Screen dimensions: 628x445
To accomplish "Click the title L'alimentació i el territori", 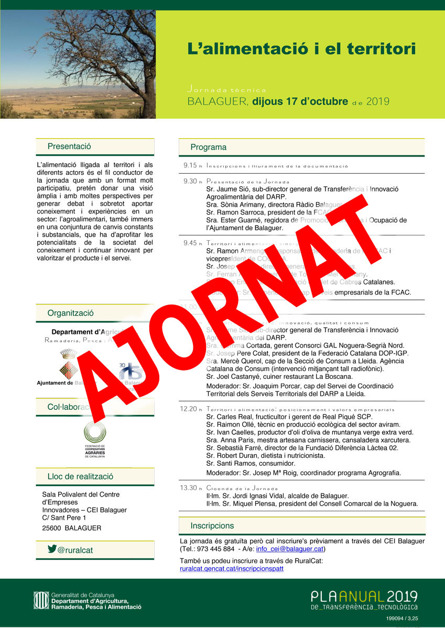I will [301, 49].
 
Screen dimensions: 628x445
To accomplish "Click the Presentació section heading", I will [69, 147].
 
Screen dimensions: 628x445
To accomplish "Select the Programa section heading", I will [209, 147].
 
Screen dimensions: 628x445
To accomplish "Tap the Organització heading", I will [71, 313].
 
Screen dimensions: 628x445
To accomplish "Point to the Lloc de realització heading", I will [80, 477].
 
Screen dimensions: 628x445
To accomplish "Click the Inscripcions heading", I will [212, 525].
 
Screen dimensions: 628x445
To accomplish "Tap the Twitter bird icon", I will [52, 549].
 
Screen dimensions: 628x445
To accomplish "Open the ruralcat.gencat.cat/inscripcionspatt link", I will [231, 569].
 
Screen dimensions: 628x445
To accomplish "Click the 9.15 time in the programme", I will [190, 165].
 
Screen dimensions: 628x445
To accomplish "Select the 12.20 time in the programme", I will [190, 409].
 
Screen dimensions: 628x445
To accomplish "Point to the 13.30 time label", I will [190, 488].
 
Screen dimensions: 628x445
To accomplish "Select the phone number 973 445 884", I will [214, 549].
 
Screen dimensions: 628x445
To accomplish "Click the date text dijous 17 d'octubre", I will [300, 102].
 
